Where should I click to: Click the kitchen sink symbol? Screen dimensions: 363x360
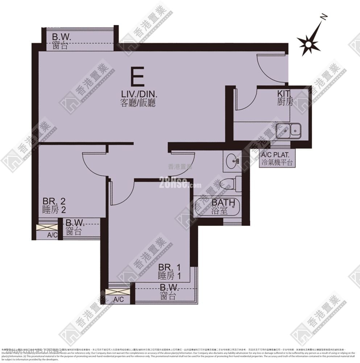tap(288, 131)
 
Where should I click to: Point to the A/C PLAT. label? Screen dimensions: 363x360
tap(277, 159)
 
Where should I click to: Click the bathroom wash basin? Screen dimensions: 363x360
tap(232, 160)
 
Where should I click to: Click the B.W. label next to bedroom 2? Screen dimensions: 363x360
tap(75, 227)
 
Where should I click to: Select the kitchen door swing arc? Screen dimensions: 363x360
tap(245, 100)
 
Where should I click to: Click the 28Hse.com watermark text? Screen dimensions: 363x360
tap(180, 184)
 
